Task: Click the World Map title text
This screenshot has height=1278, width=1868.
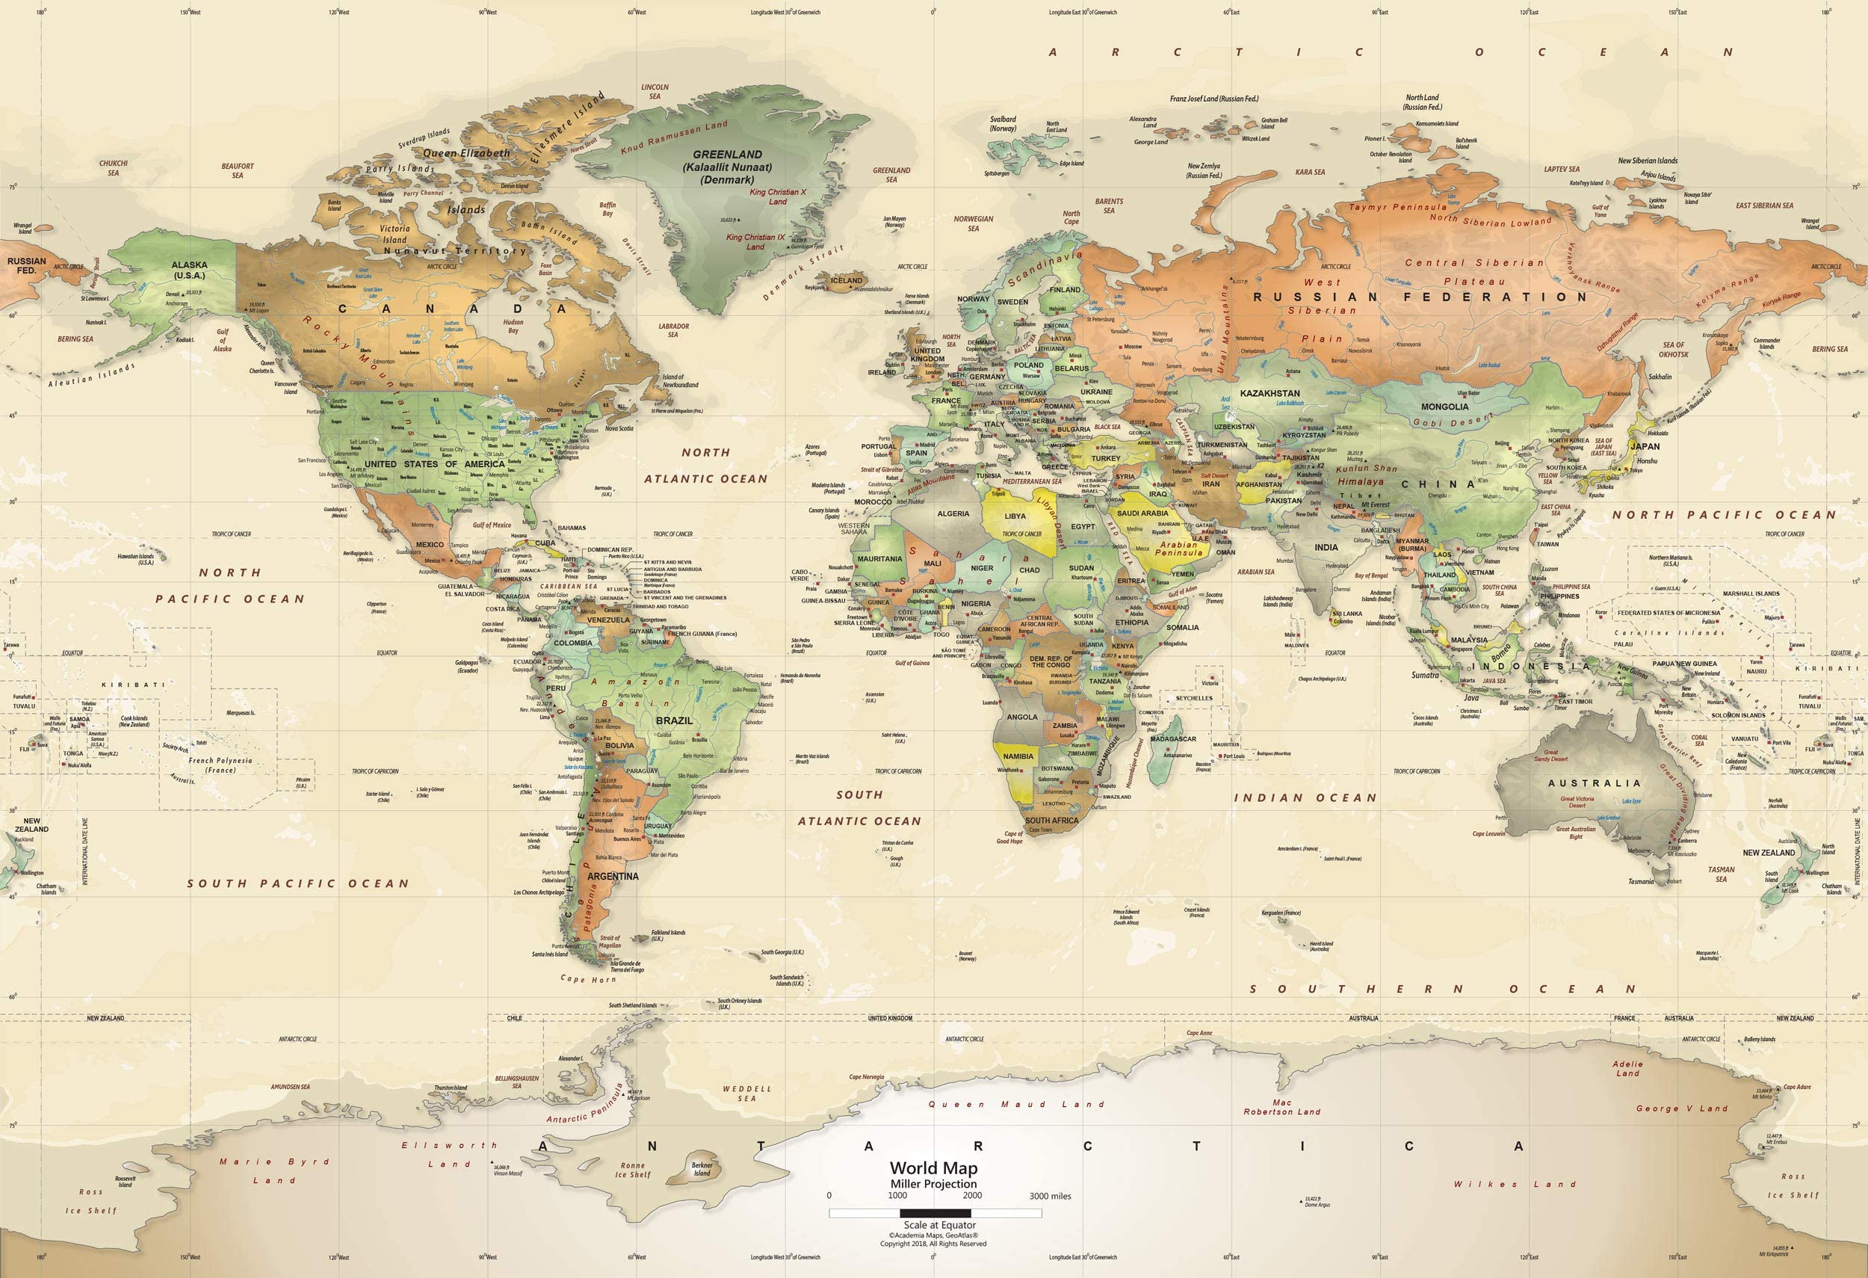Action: pos(933,1168)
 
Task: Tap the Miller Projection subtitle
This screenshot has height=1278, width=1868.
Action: pos(933,1184)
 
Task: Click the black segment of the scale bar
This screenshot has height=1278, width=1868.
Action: pos(935,1214)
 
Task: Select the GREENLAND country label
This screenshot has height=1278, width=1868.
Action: pos(728,154)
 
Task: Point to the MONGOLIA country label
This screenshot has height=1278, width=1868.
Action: pos(1444,407)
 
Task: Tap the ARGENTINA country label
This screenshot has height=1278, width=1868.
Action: pos(613,876)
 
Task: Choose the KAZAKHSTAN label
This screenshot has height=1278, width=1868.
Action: pos(1270,394)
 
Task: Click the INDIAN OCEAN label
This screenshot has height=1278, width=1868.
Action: pos(1305,797)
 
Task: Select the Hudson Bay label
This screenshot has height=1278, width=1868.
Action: pos(513,326)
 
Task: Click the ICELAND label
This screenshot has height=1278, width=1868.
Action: pos(846,280)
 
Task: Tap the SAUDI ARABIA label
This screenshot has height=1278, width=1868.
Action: pos(1142,513)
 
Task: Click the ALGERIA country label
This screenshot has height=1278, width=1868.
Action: pos(953,513)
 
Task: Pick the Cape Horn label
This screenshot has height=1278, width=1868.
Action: pos(588,979)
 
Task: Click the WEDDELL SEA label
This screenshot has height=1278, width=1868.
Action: pos(746,1093)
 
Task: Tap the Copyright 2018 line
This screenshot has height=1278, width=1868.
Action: pos(933,1244)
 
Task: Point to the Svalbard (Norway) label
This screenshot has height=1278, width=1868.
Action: pos(1003,124)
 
